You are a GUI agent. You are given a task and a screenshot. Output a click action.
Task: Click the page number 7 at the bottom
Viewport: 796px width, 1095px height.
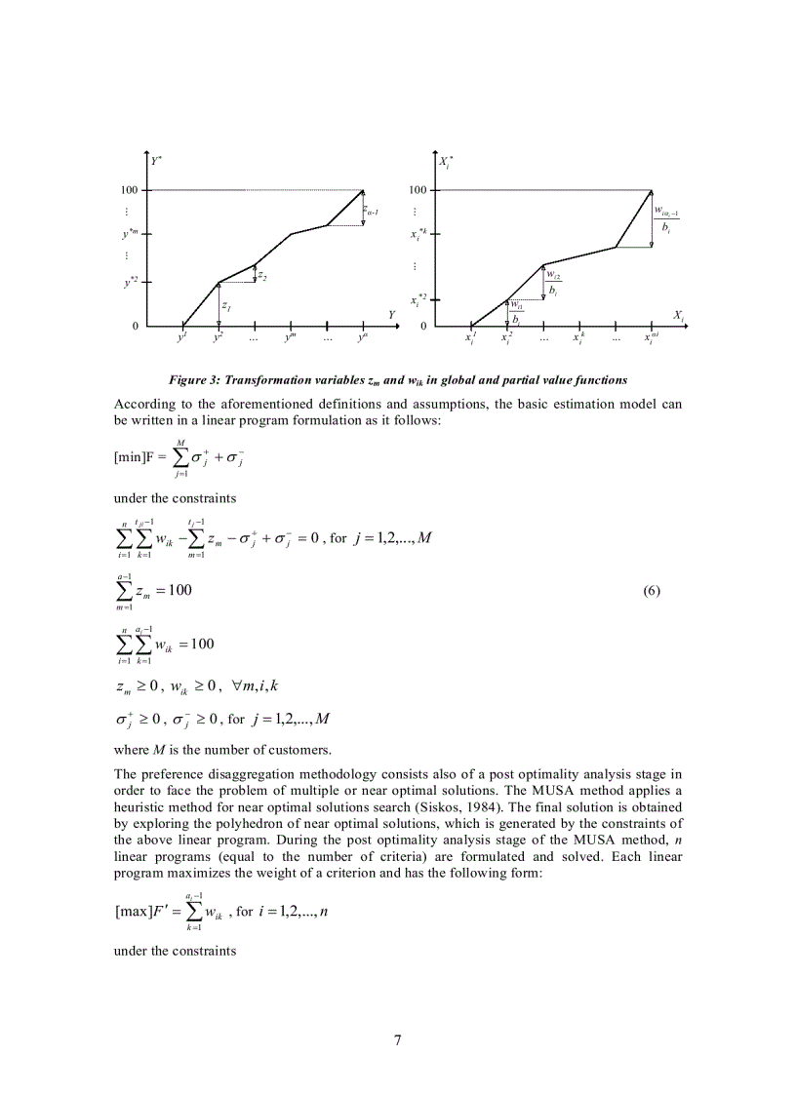pyautogui.click(x=397, y=1040)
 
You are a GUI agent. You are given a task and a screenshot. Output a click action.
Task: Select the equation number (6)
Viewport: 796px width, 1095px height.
pyautogui.click(x=653, y=591)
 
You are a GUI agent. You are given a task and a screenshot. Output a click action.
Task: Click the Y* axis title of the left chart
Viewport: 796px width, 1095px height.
pyautogui.click(x=156, y=160)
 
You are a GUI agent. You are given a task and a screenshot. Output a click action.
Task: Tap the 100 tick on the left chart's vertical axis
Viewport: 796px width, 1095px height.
pyautogui.click(x=129, y=190)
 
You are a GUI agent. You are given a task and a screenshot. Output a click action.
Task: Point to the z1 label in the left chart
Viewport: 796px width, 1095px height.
pyautogui.click(x=225, y=306)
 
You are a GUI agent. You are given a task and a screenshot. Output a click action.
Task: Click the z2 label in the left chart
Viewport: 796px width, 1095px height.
pyautogui.click(x=262, y=276)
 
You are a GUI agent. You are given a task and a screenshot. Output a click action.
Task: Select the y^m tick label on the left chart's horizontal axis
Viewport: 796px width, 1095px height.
pyautogui.click(x=291, y=338)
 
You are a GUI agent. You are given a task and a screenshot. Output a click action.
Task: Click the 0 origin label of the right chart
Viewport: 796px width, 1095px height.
pyautogui.click(x=423, y=326)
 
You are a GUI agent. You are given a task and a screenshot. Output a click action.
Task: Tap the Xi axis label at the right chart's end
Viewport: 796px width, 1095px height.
pyautogui.click(x=678, y=316)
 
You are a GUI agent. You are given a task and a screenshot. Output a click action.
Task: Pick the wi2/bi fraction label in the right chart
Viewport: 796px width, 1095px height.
pyautogui.click(x=553, y=283)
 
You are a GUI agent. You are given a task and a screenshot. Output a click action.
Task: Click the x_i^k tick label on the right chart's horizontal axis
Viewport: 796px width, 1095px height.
pyautogui.click(x=579, y=338)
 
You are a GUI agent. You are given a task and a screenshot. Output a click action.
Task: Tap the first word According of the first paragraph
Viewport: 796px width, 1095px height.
pyautogui.click(x=142, y=404)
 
